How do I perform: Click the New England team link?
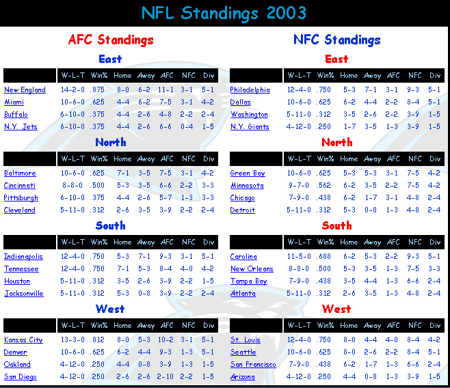coord(25,89)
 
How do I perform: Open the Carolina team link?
coord(243,256)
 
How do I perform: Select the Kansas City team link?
coord(23,340)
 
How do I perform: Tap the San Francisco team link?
coord(253,365)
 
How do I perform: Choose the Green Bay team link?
coord(248,174)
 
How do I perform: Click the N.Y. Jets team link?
coord(21,126)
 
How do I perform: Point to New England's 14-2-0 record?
coord(72,89)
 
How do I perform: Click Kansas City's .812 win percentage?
coord(97,340)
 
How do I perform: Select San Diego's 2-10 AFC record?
coord(165,376)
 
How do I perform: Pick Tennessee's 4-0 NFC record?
coord(187,268)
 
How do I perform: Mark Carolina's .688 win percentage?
coord(323,256)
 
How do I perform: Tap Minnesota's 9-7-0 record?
coord(299,185)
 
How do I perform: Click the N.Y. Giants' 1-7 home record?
coord(349,126)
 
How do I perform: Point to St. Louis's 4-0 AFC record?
coord(392,340)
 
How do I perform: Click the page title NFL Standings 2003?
coord(224,13)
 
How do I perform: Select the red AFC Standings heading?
coord(111,40)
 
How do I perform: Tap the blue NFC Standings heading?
coord(337,40)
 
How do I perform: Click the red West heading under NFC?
coord(336,309)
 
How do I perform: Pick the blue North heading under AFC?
coord(111,142)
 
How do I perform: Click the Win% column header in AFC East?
coord(99,76)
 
